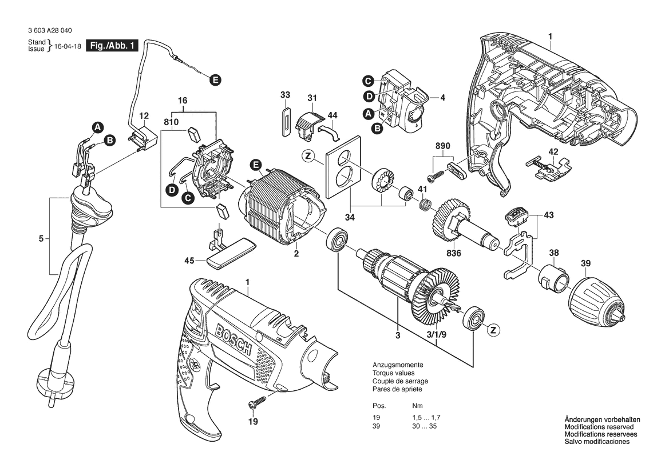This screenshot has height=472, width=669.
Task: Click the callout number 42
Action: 553,152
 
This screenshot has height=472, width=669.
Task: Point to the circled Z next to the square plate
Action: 309,156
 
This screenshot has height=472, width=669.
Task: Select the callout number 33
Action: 286,94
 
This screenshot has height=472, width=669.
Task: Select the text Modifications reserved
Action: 599,427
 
